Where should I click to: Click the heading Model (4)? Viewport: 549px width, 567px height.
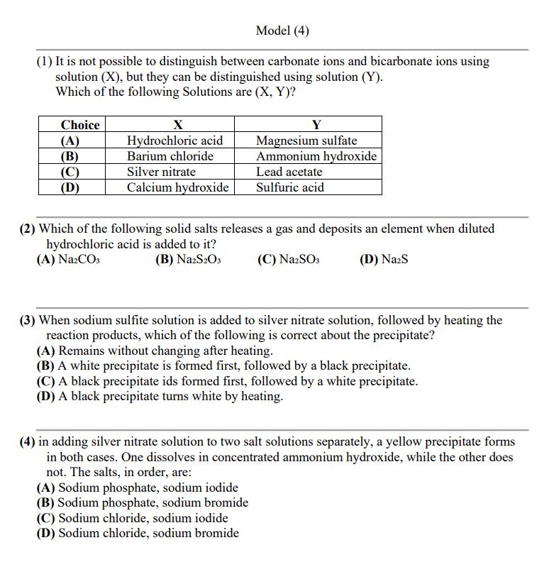[x=282, y=31]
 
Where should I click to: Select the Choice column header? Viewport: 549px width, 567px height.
[x=72, y=125]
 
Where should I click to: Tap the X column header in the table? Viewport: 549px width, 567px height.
[x=178, y=125]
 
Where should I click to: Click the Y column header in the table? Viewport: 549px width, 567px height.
[x=316, y=125]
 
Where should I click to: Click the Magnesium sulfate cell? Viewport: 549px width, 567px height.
[x=306, y=141]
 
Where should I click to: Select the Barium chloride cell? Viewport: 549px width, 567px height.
[x=170, y=156]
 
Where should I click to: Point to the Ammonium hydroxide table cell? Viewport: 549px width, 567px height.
[x=316, y=156]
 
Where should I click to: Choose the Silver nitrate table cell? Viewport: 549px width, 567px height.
[x=161, y=172]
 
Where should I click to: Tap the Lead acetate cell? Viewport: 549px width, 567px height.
[x=289, y=172]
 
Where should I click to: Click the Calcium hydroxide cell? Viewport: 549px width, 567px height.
[x=177, y=187]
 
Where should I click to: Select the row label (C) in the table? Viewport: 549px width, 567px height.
[x=70, y=172]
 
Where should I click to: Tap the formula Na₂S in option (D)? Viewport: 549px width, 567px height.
[x=394, y=260]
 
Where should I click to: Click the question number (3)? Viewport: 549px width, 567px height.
[x=27, y=320]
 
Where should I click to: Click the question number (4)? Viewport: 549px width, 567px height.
[x=27, y=442]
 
